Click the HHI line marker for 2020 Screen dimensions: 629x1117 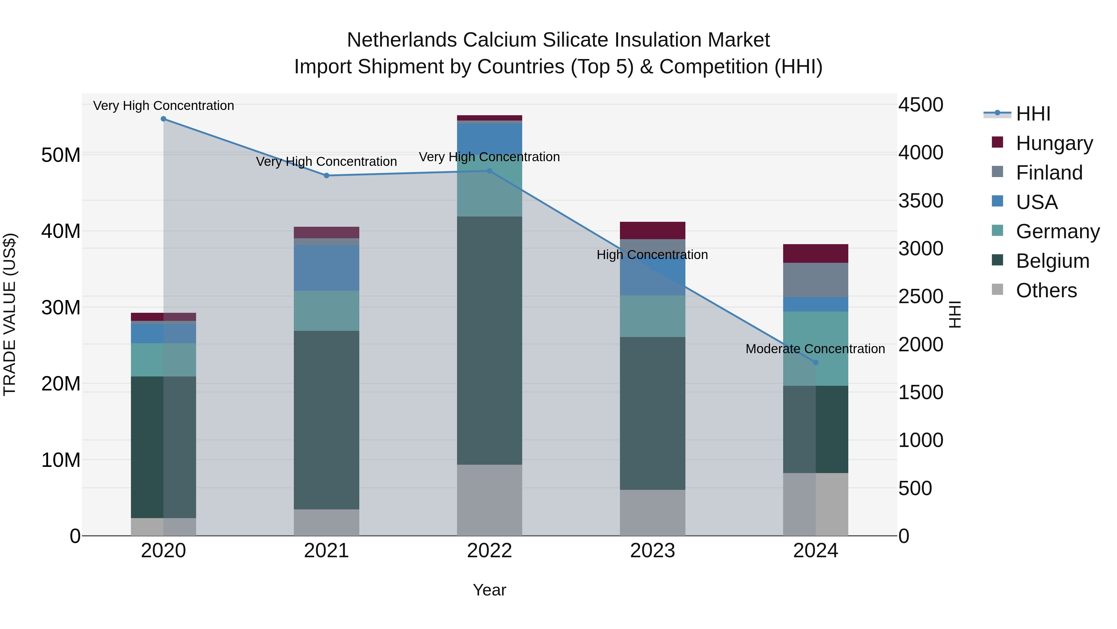coord(164,119)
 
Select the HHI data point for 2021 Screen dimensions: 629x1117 coord(326,175)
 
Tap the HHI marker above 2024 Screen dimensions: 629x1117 coord(816,362)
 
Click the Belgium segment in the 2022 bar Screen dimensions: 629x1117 coord(490,341)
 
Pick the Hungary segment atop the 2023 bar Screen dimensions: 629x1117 coord(653,230)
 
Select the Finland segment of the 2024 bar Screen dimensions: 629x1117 coord(816,280)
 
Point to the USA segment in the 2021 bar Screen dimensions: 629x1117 coord(326,268)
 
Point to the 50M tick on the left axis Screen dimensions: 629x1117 coord(61,155)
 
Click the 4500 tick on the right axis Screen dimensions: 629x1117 coord(921,105)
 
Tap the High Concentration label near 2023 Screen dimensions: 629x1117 coord(652,255)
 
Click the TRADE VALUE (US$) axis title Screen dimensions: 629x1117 coord(10,314)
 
